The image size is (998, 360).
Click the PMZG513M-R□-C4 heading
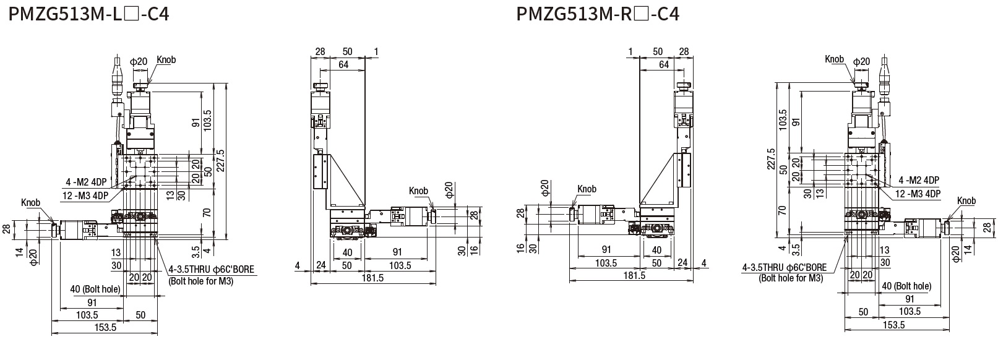(598, 14)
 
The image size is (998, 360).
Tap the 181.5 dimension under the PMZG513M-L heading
(373, 278)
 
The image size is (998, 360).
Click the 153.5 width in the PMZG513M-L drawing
(104, 328)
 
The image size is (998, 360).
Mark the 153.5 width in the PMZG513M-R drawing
(893, 325)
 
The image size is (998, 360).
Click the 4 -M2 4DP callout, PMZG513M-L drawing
(86, 183)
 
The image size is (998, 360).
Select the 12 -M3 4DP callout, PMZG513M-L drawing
(85, 196)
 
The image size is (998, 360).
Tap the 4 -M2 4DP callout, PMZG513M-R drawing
(918, 181)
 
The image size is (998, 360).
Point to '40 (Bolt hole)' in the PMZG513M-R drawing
(906, 286)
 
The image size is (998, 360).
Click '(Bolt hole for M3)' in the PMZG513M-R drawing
(791, 278)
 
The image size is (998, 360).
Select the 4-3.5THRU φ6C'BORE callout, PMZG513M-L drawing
(211, 270)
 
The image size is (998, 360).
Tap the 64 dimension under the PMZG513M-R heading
(664, 64)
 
